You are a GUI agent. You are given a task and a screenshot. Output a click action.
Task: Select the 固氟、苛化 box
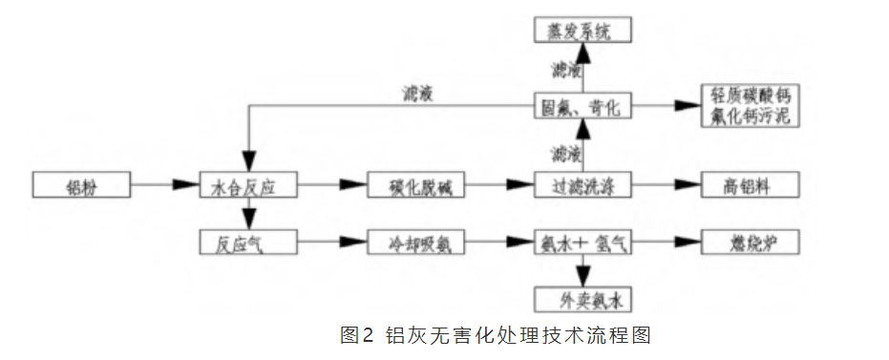click(583, 106)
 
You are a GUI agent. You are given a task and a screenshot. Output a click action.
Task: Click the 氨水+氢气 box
click(583, 244)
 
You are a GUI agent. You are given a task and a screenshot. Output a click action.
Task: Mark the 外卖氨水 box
click(583, 301)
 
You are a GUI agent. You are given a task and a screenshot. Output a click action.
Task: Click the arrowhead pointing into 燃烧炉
click(695, 244)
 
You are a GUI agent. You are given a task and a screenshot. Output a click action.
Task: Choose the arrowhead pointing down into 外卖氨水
click(583, 282)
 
